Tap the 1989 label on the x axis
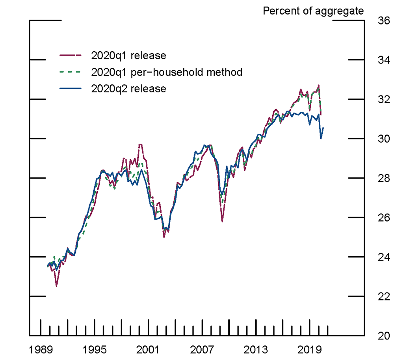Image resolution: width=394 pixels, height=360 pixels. coord(41,350)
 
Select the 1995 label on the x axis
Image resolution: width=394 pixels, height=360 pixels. coord(95,350)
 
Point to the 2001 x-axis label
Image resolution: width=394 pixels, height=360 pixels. coord(148,350)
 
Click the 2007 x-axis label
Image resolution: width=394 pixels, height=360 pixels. coord(202,350)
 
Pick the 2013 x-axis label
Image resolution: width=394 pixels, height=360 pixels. coord(256,350)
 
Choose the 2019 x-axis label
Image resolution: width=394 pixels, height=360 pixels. coord(310,350)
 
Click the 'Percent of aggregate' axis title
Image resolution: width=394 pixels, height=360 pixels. coord(313,11)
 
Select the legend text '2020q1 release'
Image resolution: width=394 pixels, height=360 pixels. coord(128,56)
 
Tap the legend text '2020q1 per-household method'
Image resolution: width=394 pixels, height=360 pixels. coord(166,72)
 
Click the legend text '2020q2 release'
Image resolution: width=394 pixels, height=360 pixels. coord(128,89)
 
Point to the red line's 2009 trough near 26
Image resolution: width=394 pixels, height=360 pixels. coord(223,221)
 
